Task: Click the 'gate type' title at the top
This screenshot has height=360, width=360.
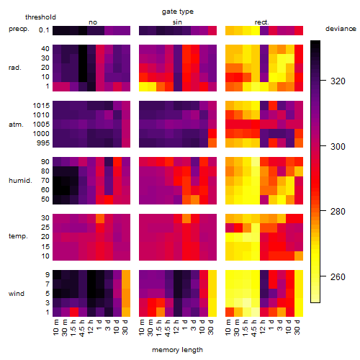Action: click(x=178, y=12)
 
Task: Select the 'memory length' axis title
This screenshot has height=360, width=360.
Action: click(x=177, y=350)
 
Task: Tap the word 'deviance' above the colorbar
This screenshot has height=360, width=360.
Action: click(x=341, y=29)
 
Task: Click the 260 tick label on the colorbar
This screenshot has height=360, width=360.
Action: click(x=338, y=277)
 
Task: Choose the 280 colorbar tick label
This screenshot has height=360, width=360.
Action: click(x=338, y=212)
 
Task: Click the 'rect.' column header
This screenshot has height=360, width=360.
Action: click(x=261, y=22)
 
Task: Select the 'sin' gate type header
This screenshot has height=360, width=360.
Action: click(x=177, y=22)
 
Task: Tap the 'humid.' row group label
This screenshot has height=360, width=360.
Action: click(x=20, y=181)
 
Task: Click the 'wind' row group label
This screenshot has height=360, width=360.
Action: click(x=17, y=294)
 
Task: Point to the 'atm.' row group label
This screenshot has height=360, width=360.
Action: click(x=16, y=125)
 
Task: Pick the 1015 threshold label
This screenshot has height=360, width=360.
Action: click(x=41, y=106)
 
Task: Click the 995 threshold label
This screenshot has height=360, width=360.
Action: click(x=43, y=143)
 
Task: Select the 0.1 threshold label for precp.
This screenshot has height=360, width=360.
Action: click(x=44, y=30)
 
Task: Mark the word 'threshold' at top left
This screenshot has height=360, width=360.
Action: click(x=40, y=17)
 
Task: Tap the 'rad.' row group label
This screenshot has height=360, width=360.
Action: click(x=15, y=68)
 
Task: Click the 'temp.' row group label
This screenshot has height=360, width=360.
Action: click(x=18, y=236)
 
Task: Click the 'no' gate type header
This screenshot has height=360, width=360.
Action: click(x=93, y=22)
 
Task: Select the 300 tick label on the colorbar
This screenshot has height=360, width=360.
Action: click(x=338, y=146)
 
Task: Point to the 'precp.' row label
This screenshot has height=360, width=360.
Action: click(x=19, y=29)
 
